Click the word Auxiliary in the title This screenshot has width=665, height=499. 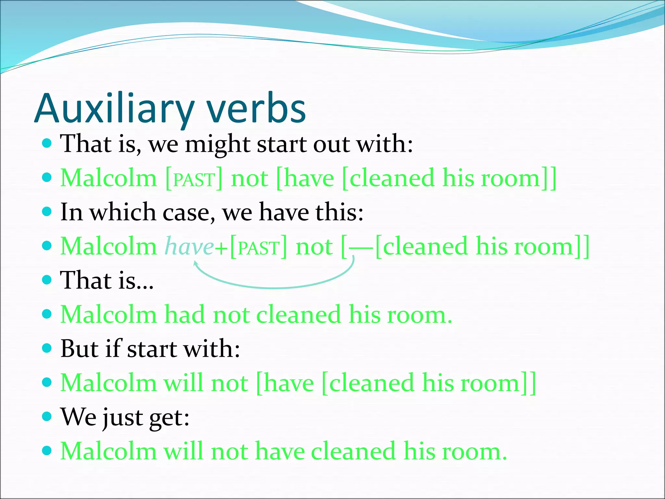(114, 109)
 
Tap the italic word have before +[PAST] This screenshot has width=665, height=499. (189, 246)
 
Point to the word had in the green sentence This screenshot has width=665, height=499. (184, 314)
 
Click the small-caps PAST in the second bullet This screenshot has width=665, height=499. (194, 180)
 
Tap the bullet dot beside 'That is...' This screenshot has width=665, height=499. (47, 280)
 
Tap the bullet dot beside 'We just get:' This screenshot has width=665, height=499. (47, 416)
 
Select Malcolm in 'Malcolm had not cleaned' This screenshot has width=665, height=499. (109, 314)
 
